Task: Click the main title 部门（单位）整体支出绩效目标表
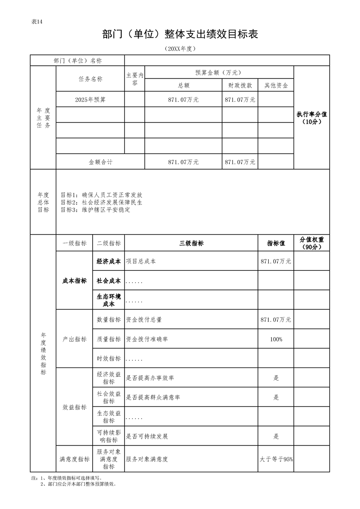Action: pos(180,34)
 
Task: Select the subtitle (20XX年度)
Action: pos(180,49)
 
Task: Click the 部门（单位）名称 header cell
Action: pos(77,61)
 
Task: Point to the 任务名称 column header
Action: pos(90,79)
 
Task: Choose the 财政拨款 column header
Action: pos(240,85)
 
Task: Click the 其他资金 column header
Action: pos(276,85)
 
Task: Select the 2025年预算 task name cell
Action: pos(90,100)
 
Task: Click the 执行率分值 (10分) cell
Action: pos(311,118)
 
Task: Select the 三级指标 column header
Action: pos(191,244)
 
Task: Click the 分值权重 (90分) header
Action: pos(311,243)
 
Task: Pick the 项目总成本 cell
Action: pos(141,262)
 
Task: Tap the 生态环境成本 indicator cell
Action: pos(108,300)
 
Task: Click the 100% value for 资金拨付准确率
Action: pos(276,339)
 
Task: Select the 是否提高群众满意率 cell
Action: pos(153,397)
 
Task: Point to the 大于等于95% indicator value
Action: pos(276,459)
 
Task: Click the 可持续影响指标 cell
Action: pos(108,436)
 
